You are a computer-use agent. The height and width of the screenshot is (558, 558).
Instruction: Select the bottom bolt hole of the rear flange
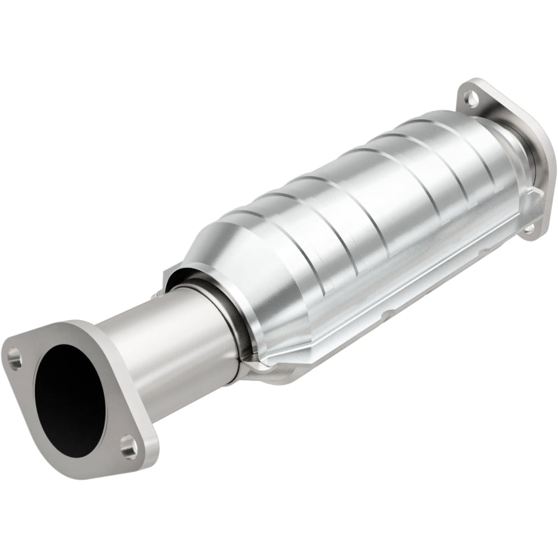tap(529, 227)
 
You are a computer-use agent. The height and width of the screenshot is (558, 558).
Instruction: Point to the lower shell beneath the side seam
tap(349, 342)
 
